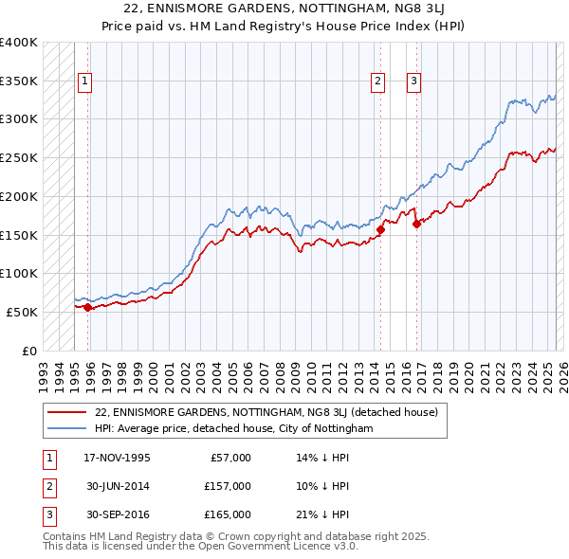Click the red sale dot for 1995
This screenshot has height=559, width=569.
tap(87, 307)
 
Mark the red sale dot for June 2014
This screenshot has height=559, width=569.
tap(380, 229)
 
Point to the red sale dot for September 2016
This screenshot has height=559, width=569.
tap(416, 224)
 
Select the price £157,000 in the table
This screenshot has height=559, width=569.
tap(228, 486)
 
